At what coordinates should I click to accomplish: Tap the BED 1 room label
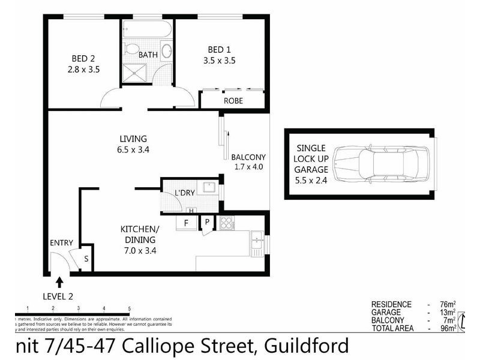[x=220, y=49]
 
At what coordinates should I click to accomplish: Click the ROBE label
[x=233, y=101]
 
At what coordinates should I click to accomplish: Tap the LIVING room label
[x=133, y=139]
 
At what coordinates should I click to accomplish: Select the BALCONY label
[x=248, y=157]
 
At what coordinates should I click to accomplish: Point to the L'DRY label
[x=184, y=193]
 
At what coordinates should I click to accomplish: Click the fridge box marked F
[x=185, y=223]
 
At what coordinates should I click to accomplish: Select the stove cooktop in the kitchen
[x=227, y=223]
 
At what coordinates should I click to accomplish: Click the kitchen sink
[x=257, y=242]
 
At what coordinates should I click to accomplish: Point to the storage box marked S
[x=86, y=259]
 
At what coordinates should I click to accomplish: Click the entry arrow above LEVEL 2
[x=59, y=281]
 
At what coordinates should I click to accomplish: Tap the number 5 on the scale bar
[x=129, y=308]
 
